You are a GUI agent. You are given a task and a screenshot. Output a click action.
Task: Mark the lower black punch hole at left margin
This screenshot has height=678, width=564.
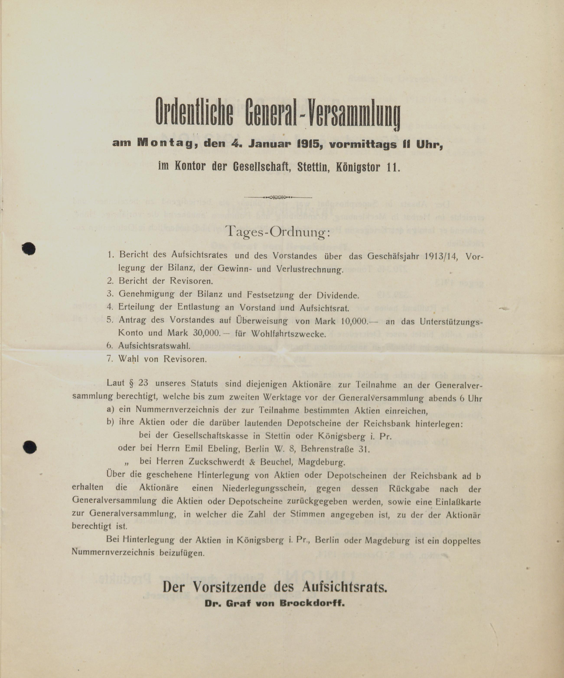point(30,447)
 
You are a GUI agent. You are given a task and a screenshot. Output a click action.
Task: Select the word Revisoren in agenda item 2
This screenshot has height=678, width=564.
point(191,281)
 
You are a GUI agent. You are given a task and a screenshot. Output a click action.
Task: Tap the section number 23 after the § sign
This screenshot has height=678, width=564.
point(143,383)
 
